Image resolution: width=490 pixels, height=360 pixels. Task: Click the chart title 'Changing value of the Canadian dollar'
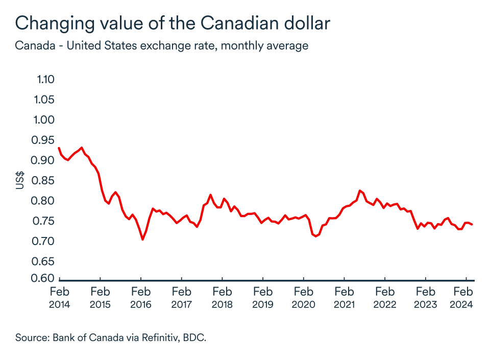(x=173, y=23)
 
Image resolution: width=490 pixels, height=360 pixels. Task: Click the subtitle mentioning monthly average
(x=161, y=45)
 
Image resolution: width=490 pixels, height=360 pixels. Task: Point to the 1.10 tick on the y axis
(x=45, y=79)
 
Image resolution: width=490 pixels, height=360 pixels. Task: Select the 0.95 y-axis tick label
(x=45, y=140)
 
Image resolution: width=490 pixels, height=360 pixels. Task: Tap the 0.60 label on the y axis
(x=45, y=278)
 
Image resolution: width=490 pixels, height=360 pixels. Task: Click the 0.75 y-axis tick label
(x=45, y=221)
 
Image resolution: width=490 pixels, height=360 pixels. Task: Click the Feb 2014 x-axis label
(x=59, y=298)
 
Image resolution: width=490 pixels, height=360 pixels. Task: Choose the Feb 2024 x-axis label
(x=462, y=298)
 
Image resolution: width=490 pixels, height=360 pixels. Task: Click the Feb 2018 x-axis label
(x=222, y=298)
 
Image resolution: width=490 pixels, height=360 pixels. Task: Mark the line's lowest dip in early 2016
(x=142, y=239)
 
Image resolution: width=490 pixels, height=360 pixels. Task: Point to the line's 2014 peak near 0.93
(x=82, y=148)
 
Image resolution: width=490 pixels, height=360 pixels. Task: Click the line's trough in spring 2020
(x=315, y=236)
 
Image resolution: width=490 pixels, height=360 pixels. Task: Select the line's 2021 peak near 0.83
(x=360, y=190)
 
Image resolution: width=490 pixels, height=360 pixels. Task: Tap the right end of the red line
(x=472, y=224)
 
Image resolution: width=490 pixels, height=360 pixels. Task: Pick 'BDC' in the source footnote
(x=195, y=338)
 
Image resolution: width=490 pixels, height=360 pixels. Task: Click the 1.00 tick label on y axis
(x=45, y=119)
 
